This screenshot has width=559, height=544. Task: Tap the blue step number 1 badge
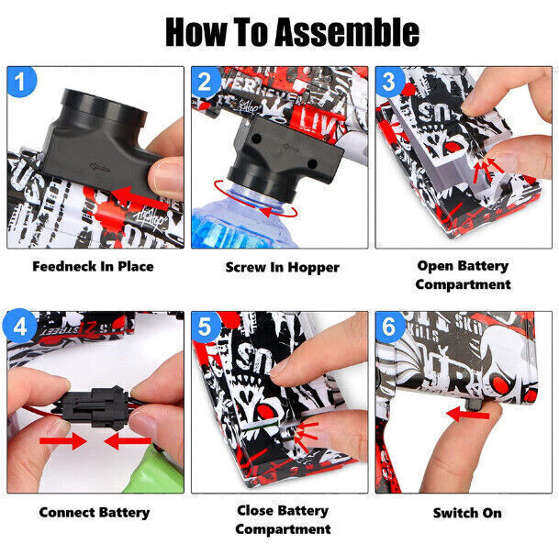click(x=22, y=83)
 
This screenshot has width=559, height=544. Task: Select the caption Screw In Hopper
click(x=282, y=267)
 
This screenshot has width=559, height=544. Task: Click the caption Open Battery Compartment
click(x=463, y=274)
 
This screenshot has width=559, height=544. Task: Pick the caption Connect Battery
click(x=94, y=512)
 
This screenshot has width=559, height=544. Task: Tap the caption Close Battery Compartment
click(x=281, y=519)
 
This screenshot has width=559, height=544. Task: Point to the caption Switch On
click(x=467, y=512)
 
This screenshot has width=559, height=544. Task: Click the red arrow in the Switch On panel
click(x=467, y=414)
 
